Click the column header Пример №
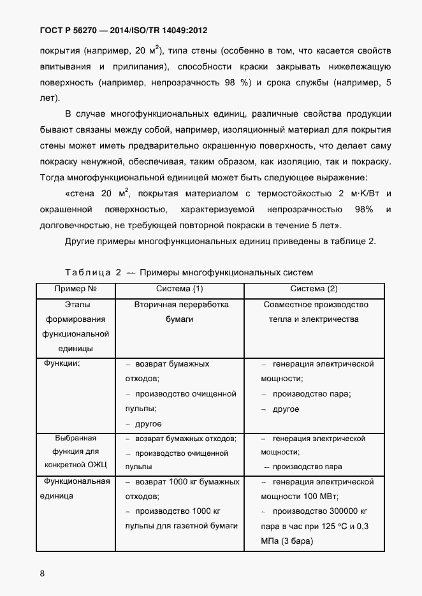(x=75, y=289)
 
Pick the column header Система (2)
(x=314, y=289)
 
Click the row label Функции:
(x=61, y=364)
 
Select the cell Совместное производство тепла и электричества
(x=314, y=312)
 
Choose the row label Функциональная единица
(x=75, y=488)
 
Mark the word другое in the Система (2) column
(x=286, y=409)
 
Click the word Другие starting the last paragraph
(x=81, y=240)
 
